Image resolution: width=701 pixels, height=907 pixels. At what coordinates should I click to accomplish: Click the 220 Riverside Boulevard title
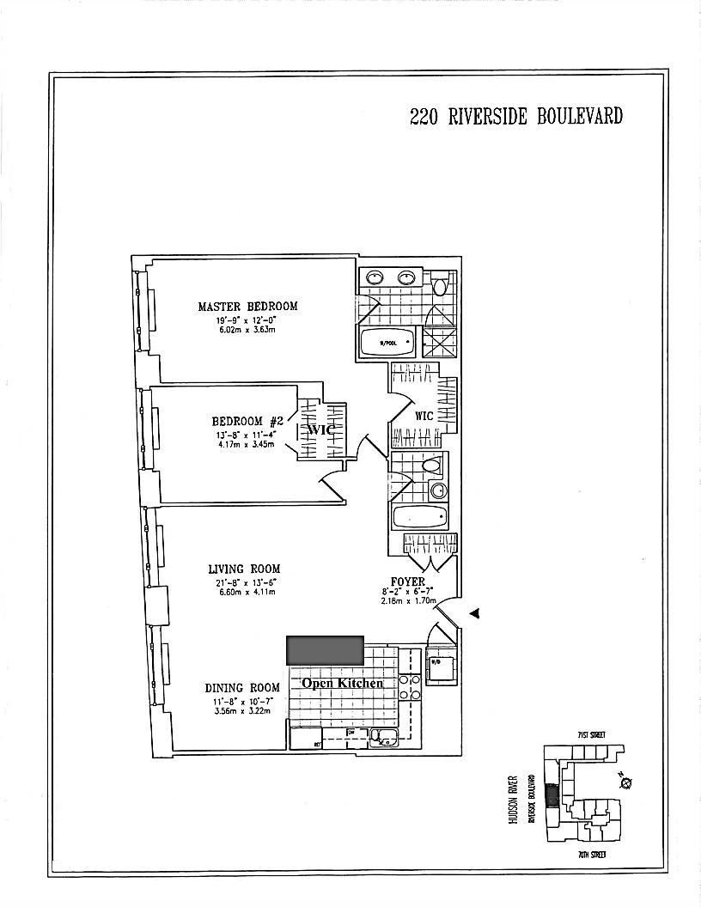pos(515,117)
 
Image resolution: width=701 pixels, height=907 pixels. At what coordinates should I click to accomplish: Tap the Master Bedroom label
pos(247,307)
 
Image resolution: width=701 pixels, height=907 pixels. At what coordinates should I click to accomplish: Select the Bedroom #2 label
pos(247,421)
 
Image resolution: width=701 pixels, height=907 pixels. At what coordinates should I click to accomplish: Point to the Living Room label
pos(244,569)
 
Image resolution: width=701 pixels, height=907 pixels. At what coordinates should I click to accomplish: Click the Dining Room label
pos(242,687)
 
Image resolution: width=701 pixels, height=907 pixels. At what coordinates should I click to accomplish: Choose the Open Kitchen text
pos(342,683)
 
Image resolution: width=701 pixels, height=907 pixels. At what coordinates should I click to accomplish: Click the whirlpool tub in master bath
pos(388,344)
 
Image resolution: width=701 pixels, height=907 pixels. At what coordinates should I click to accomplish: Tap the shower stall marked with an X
pos(446,344)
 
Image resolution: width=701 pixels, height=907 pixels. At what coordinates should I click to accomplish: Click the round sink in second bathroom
pos(439,491)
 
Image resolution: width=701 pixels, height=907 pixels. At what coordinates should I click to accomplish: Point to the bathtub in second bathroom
pos(420,518)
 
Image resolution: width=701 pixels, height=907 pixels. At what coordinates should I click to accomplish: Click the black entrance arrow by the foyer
pos(474,612)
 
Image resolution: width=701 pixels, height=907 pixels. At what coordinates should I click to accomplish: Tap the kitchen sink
pos(383,735)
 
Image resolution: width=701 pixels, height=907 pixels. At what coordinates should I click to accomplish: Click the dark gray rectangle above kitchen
pos(325,649)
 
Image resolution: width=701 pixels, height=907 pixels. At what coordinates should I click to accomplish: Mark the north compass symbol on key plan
pos(625,782)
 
